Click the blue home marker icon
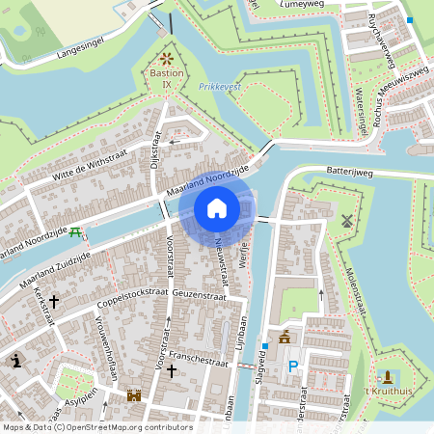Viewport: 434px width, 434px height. [x=217, y=207]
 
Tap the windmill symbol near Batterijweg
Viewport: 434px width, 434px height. [x=346, y=220]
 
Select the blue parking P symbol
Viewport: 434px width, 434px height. [x=292, y=366]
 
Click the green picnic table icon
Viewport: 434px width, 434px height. [x=76, y=232]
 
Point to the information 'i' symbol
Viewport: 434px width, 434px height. [x=16, y=361]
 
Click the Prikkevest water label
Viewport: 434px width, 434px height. [x=219, y=86]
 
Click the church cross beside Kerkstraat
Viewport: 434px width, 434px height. [x=54, y=301]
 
